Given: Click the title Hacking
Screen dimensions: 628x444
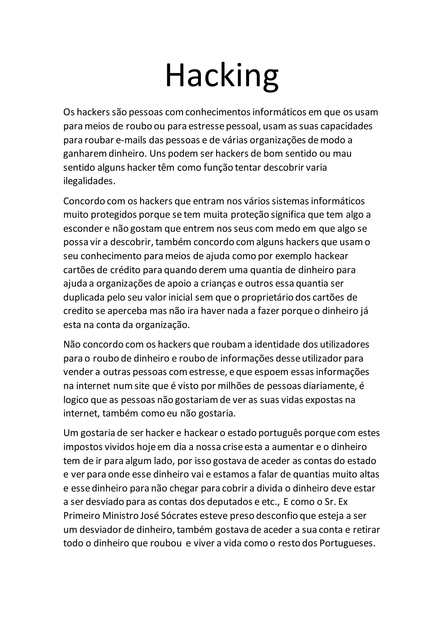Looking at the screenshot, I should tap(222, 75).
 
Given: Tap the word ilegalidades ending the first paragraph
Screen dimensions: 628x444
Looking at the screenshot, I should tap(89, 181).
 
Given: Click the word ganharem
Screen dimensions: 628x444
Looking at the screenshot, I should tap(85, 154).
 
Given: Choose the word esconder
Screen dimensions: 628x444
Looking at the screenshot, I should tap(83, 229).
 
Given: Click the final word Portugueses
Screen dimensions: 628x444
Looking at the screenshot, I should tap(347, 543).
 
